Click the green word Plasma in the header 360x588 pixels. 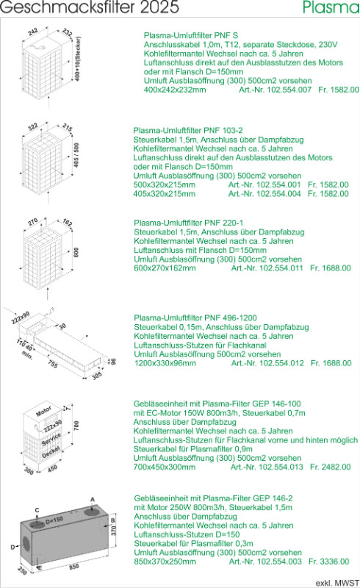[x=331, y=7]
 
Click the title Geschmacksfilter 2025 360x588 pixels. [x=90, y=7]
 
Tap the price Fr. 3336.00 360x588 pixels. [x=329, y=562]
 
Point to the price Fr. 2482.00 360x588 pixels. [x=331, y=467]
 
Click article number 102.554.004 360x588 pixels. [x=278, y=193]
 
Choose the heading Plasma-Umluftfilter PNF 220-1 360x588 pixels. [x=188, y=223]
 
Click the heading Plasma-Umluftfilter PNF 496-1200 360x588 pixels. [x=195, y=318]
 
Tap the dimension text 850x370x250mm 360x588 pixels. [x=165, y=562]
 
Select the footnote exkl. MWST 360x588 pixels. [x=337, y=583]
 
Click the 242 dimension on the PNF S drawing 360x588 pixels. [x=33, y=32]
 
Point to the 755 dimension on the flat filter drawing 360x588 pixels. [x=53, y=364]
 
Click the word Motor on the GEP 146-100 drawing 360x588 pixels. [x=43, y=411]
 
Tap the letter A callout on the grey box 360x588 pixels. [x=93, y=499]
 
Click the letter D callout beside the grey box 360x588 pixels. [x=12, y=547]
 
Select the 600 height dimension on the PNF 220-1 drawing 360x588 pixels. [x=76, y=251]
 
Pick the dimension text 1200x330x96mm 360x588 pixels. [x=165, y=363]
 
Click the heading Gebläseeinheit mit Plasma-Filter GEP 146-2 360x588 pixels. [x=213, y=498]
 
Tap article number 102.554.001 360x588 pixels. [x=278, y=184]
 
